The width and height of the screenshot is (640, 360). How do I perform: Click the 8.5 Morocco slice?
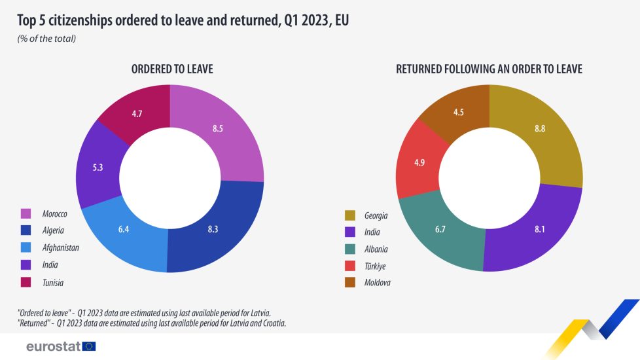[x=218, y=129]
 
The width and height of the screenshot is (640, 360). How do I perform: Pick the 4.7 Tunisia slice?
[x=137, y=114]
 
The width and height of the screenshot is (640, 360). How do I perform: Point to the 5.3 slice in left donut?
[x=98, y=168]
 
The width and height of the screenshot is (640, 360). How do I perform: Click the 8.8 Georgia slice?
[x=540, y=129]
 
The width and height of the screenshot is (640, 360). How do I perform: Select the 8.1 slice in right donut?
[x=538, y=229]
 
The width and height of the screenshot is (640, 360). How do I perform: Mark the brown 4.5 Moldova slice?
[x=459, y=112]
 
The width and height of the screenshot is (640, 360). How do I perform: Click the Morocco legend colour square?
[x=26, y=213]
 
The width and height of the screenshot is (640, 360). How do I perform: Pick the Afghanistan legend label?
[x=60, y=248]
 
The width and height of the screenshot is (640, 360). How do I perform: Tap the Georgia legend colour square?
[x=349, y=215]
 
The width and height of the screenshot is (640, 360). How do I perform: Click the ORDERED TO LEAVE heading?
[x=171, y=69]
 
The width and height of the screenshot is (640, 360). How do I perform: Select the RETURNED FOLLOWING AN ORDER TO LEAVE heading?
[x=489, y=69]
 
